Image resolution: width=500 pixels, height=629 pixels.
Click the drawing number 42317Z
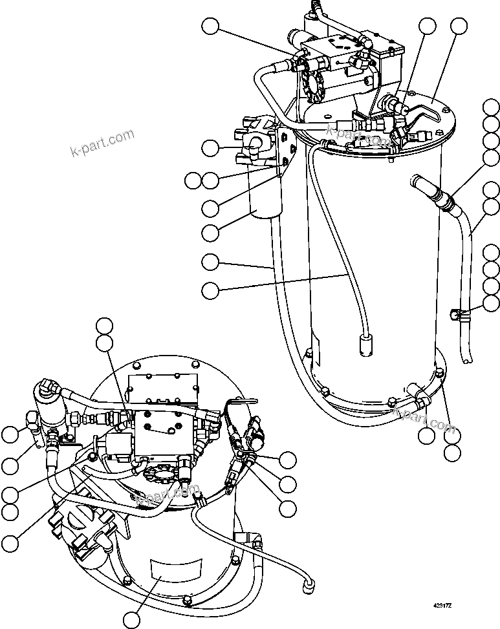coord(443,607)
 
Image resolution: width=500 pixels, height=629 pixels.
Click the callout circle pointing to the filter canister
coord(210,232)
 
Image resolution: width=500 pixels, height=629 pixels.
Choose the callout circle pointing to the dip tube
coord(210,291)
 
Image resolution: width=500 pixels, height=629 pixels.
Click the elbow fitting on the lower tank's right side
coord(250,539)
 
